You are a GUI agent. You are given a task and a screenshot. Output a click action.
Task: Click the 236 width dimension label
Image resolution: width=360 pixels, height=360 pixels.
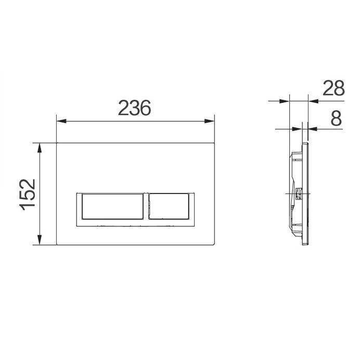(x=135, y=108)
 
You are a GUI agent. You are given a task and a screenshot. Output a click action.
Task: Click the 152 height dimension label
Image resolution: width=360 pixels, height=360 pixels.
(x=28, y=195)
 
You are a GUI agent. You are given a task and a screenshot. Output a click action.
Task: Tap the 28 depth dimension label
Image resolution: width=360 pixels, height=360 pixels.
(x=333, y=88)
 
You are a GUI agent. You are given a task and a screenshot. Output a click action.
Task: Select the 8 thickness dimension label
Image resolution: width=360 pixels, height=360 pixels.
(x=337, y=119)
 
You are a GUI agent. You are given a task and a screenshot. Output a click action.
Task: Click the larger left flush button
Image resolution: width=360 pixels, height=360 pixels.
(x=112, y=206)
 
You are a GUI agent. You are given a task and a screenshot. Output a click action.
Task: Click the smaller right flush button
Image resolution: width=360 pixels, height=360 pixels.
(x=169, y=206)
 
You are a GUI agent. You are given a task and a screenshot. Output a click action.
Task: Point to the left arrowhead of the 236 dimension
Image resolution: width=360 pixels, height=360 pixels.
(x=61, y=121)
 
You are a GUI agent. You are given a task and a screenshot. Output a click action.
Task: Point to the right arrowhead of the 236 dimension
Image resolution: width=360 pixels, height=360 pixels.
(x=209, y=121)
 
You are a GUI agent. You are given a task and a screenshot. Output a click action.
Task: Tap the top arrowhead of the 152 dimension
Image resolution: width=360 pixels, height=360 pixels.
(x=40, y=148)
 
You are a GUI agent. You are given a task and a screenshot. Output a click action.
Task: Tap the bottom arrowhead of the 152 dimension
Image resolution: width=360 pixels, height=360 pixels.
(x=40, y=240)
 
